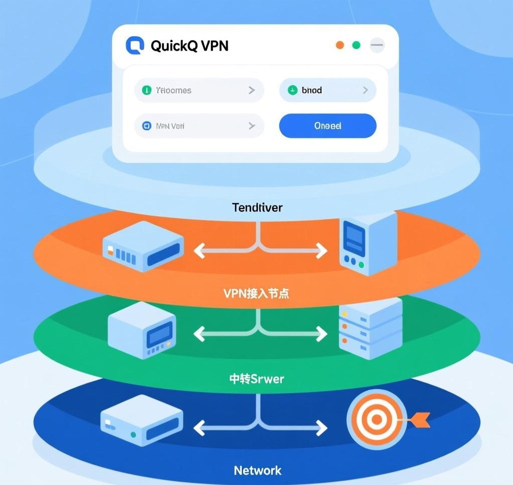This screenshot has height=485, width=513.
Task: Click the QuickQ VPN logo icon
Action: (x=135, y=45)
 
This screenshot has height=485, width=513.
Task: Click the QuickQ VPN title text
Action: (x=189, y=46)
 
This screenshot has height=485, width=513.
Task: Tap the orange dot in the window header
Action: (x=340, y=45)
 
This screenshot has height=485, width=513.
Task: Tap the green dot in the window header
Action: (x=356, y=45)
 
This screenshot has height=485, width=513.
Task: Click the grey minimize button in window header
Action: (x=377, y=45)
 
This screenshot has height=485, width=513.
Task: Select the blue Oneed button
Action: (x=328, y=126)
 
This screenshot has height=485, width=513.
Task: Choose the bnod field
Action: (x=328, y=90)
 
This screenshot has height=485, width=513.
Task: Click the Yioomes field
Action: (x=199, y=90)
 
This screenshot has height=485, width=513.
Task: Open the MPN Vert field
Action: (x=199, y=126)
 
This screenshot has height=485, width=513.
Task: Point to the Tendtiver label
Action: (x=257, y=207)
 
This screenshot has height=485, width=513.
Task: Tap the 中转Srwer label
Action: (x=256, y=379)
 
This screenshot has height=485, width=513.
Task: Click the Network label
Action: (x=257, y=470)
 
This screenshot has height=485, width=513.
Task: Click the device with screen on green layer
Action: (x=142, y=330)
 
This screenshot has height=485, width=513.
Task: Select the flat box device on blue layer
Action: (x=141, y=420)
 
